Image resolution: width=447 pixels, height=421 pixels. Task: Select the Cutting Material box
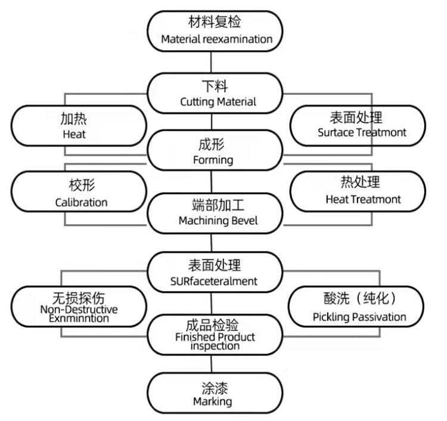tap(217, 93)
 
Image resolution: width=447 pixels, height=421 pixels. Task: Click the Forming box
tap(213, 151)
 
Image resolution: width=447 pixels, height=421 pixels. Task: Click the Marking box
tap(213, 393)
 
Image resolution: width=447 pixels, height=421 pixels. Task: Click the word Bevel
tap(247, 221)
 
